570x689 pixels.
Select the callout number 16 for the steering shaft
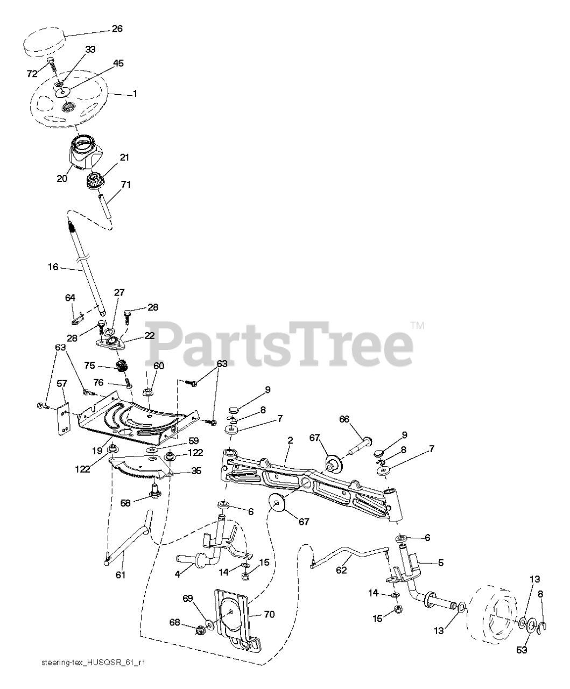[53, 266]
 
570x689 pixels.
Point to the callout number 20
[62, 179]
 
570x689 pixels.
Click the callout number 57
[62, 383]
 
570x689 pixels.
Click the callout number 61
[120, 575]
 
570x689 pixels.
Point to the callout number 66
[344, 419]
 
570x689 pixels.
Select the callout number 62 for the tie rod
[342, 571]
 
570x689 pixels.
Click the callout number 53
[521, 650]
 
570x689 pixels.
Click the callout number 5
[440, 563]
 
